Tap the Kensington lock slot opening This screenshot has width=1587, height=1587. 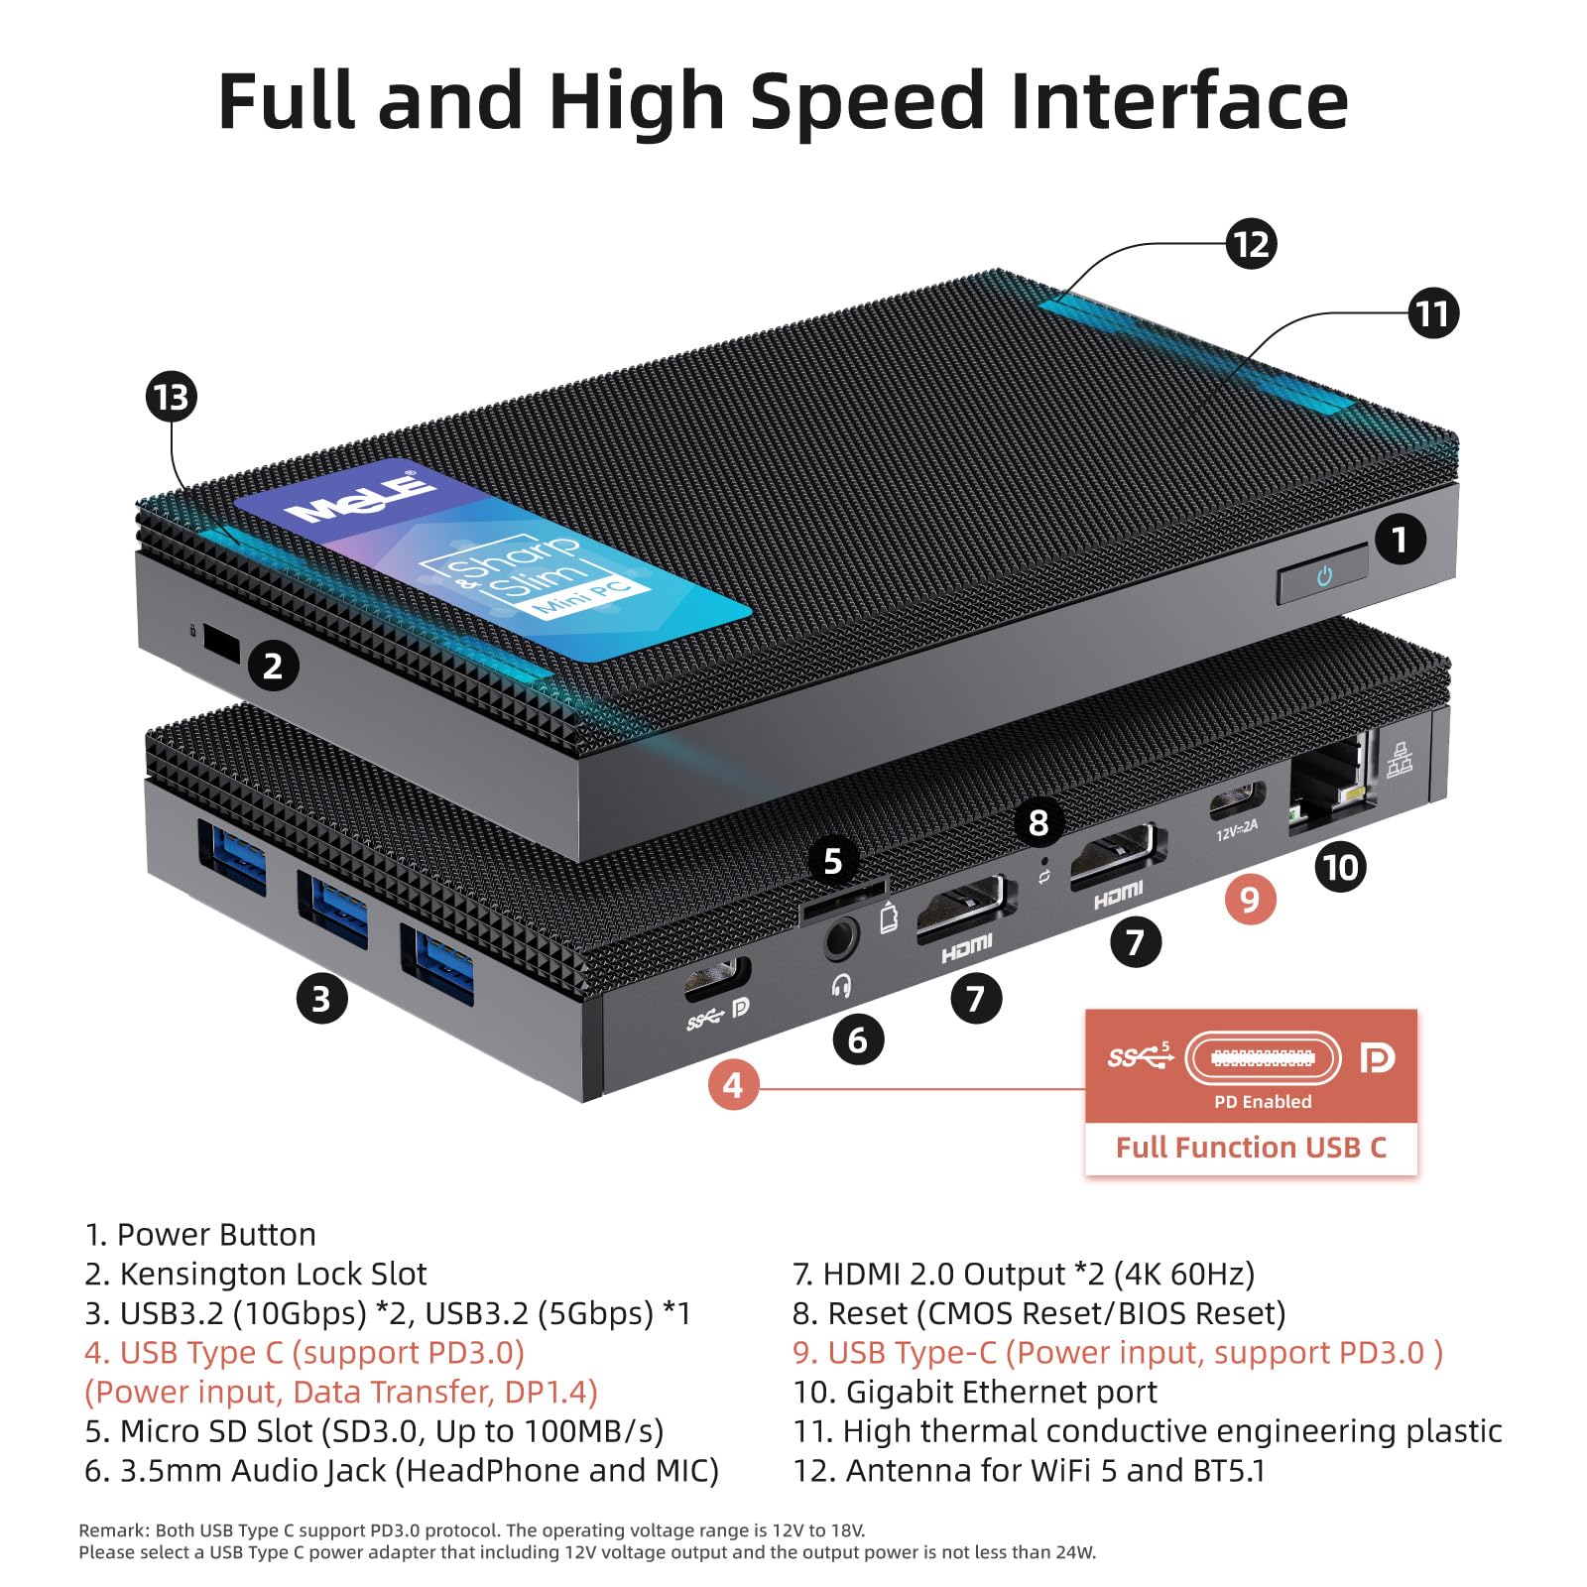pyautogui.click(x=220, y=643)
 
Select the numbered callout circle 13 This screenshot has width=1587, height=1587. pyautogui.click(x=172, y=397)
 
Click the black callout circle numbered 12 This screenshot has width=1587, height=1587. pyautogui.click(x=1250, y=244)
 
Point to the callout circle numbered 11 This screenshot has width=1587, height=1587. pyautogui.click(x=1432, y=313)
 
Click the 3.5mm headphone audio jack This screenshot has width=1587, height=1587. pyautogui.click(x=840, y=937)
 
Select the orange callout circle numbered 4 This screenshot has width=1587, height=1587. pyautogui.click(x=733, y=1085)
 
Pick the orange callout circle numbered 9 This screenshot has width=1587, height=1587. pyautogui.click(x=1250, y=899)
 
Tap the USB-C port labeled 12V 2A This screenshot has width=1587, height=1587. pyautogui.click(x=1237, y=799)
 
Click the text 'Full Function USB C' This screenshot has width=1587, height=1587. pyautogui.click(x=1251, y=1148)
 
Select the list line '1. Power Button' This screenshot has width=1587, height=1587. pyautogui.click(x=200, y=1235)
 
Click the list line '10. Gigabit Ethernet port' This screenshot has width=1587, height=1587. pyautogui.click(x=975, y=1392)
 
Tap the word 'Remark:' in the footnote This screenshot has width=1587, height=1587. pyautogui.click(x=111, y=1530)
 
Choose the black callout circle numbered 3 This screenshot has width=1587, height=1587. pyautogui.click(x=321, y=998)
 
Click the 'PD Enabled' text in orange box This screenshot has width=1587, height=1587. pyautogui.click(x=1263, y=1102)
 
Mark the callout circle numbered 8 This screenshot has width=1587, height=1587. pyautogui.click(x=1038, y=822)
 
